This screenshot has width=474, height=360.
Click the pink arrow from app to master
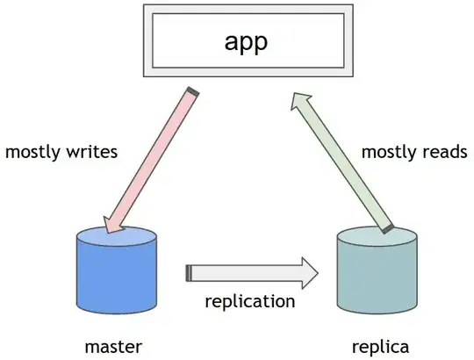154,158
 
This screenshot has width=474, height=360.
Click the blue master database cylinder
117,272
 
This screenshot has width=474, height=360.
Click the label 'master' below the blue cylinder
114,344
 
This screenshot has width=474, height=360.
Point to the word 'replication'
249,302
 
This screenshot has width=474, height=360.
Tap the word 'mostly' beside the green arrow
388,152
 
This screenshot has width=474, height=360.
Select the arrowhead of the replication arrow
309,273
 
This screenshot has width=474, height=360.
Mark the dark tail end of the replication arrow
189,273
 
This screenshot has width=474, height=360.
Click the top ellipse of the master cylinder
117,237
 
